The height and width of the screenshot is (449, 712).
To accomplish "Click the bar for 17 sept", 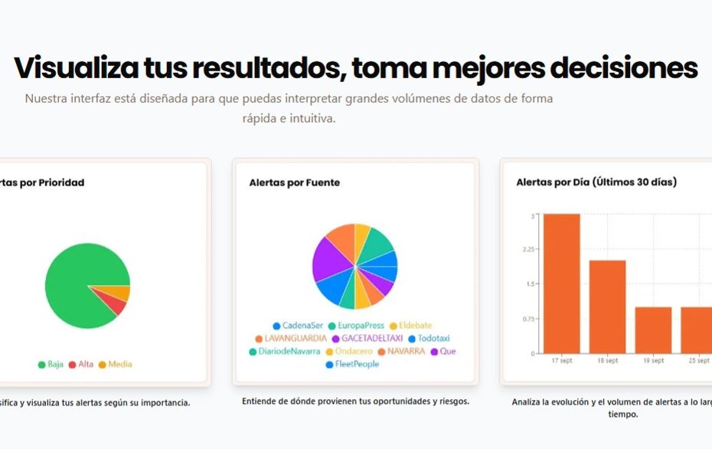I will point(561,283).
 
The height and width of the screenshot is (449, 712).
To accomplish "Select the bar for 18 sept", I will point(607,306).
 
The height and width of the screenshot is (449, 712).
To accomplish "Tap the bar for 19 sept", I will point(653,329).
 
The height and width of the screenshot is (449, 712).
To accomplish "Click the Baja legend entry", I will point(51,364).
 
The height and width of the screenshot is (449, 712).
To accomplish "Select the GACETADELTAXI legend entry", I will point(367,339).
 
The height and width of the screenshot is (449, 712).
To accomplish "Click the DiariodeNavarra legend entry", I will point(284,352).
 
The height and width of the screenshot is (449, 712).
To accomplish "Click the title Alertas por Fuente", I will point(295,183).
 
